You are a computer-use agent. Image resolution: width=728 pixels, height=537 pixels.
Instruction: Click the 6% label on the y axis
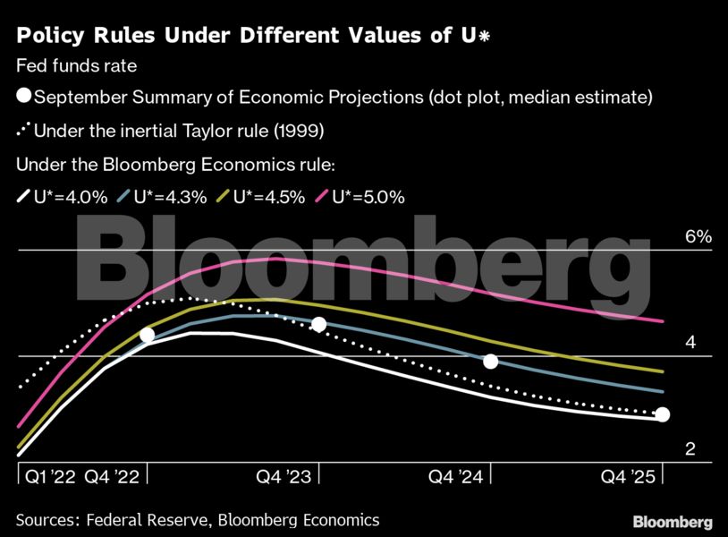(698, 237)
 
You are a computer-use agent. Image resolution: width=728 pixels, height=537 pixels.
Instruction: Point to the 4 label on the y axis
(690, 343)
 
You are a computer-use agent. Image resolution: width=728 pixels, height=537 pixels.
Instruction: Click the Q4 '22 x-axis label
(111, 477)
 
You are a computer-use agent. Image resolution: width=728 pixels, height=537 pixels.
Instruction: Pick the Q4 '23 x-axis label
(285, 477)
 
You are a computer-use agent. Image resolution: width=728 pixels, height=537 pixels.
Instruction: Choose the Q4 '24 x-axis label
(457, 477)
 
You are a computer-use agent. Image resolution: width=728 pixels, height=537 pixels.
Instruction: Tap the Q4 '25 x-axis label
(628, 477)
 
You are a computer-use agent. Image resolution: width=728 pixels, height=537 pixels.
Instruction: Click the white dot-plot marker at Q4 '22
(148, 335)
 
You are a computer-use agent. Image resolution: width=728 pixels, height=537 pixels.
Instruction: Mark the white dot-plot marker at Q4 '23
(318, 324)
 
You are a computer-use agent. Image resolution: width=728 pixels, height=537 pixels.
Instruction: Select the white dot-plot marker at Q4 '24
(490, 362)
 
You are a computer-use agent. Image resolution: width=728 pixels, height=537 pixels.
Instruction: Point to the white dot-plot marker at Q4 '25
(662, 414)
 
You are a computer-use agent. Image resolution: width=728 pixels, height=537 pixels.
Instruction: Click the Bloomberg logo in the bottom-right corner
(673, 522)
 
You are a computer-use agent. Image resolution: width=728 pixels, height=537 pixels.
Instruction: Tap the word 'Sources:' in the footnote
(46, 520)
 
